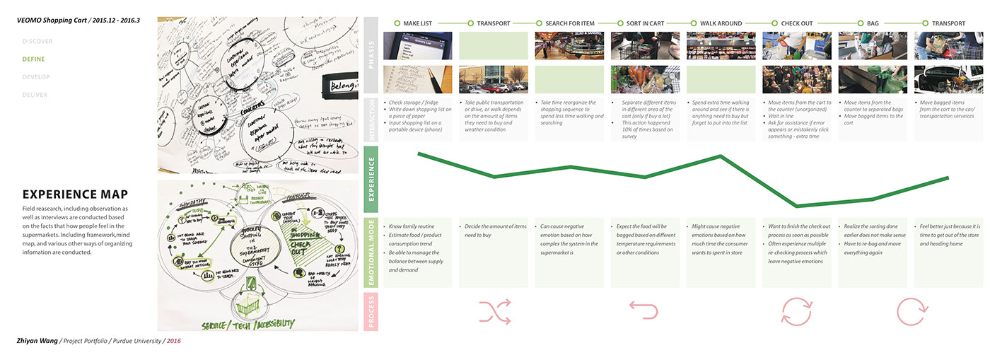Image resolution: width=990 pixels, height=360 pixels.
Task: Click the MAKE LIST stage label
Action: pos(418,23)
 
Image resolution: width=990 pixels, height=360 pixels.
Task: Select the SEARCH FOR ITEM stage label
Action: pos(573,23)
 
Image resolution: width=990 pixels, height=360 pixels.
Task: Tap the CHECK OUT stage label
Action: pos(797,23)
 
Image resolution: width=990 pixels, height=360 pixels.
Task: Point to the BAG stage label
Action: pos(873,23)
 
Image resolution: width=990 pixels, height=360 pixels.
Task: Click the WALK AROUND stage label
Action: pos(720,23)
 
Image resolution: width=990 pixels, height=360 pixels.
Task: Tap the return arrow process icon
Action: pos(643,310)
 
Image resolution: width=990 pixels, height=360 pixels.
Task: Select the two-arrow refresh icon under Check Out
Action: pos(796,310)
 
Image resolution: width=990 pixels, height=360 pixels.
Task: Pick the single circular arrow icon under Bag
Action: pos(911,310)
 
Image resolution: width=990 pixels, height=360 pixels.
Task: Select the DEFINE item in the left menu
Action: pos(33,59)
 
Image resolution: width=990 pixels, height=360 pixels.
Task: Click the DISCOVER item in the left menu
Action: pos(37,41)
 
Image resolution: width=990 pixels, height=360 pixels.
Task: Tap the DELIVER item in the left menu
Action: pos(35,94)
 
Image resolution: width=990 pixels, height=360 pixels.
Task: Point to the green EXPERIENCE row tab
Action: pos(371,179)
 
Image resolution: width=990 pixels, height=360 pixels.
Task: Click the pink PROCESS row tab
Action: pos(371,311)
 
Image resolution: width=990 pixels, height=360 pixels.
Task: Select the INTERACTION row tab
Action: pos(371,120)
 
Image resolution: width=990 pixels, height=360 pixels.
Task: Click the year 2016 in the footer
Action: pos(173,341)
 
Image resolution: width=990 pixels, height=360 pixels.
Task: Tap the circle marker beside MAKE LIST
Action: pos(397,23)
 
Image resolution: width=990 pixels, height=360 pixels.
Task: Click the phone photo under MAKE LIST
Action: pos(417,45)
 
